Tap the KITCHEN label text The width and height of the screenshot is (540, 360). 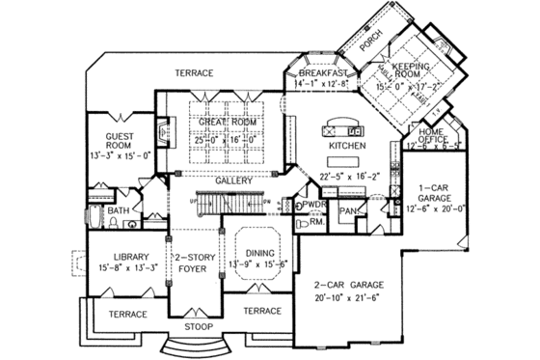pos(347,145)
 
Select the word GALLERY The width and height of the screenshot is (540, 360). pos(234,180)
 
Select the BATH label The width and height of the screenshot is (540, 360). pos(118,210)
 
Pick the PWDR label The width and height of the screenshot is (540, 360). pos(315,206)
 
